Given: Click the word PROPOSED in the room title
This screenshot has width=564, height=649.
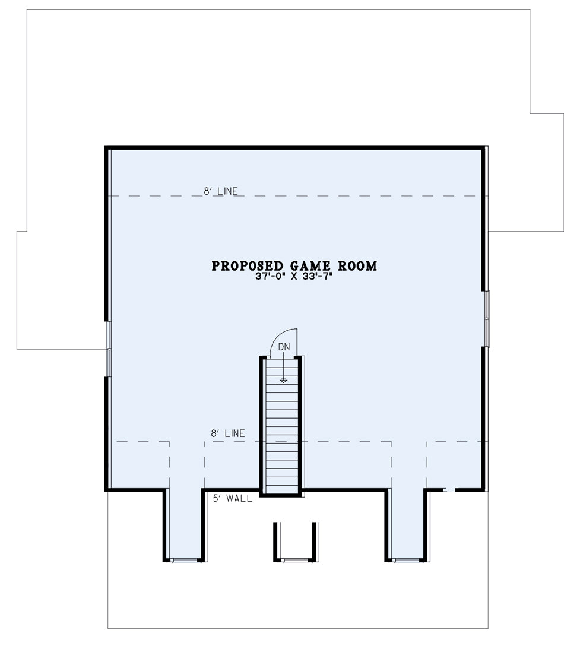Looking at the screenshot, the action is [x=248, y=266].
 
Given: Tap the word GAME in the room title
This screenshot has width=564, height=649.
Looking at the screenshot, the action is [x=310, y=266].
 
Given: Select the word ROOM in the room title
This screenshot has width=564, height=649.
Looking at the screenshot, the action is [x=357, y=266].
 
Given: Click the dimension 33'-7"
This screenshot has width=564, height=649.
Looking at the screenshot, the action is [x=318, y=277].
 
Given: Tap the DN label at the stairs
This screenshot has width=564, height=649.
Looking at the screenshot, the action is [x=284, y=347].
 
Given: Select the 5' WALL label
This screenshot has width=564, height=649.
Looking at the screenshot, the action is [x=232, y=498].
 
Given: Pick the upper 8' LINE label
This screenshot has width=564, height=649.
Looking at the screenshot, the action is [x=220, y=191].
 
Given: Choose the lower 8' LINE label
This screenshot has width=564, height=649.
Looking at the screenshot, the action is [x=228, y=433].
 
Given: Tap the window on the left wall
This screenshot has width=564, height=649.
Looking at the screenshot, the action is [x=109, y=349].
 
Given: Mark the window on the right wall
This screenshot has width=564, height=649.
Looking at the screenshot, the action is [x=487, y=318].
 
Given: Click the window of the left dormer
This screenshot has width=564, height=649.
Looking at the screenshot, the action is [x=185, y=561].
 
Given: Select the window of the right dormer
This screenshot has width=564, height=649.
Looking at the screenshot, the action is [x=407, y=561].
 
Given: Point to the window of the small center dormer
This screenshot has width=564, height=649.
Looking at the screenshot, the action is [x=296, y=561].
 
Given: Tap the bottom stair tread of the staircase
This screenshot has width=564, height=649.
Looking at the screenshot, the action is [x=282, y=489].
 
